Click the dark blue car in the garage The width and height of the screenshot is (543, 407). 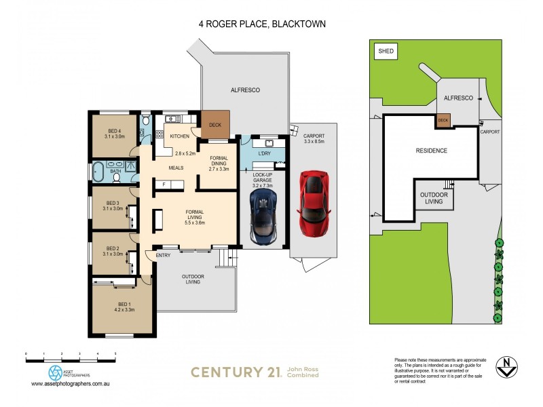coord(263,216)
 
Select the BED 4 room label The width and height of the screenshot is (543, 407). coord(114,131)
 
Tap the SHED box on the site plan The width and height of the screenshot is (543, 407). coord(386,51)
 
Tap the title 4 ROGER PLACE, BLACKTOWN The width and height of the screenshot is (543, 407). coord(262,24)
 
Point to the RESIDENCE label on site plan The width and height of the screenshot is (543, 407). coord(431,151)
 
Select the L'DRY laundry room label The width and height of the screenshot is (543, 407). coord(264,154)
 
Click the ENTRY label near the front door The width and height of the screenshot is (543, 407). coord(163,255)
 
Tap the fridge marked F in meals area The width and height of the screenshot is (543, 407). coord(164,184)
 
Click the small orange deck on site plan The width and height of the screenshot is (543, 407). coord(443,121)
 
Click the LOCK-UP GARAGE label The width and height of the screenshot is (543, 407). coord(263,177)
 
